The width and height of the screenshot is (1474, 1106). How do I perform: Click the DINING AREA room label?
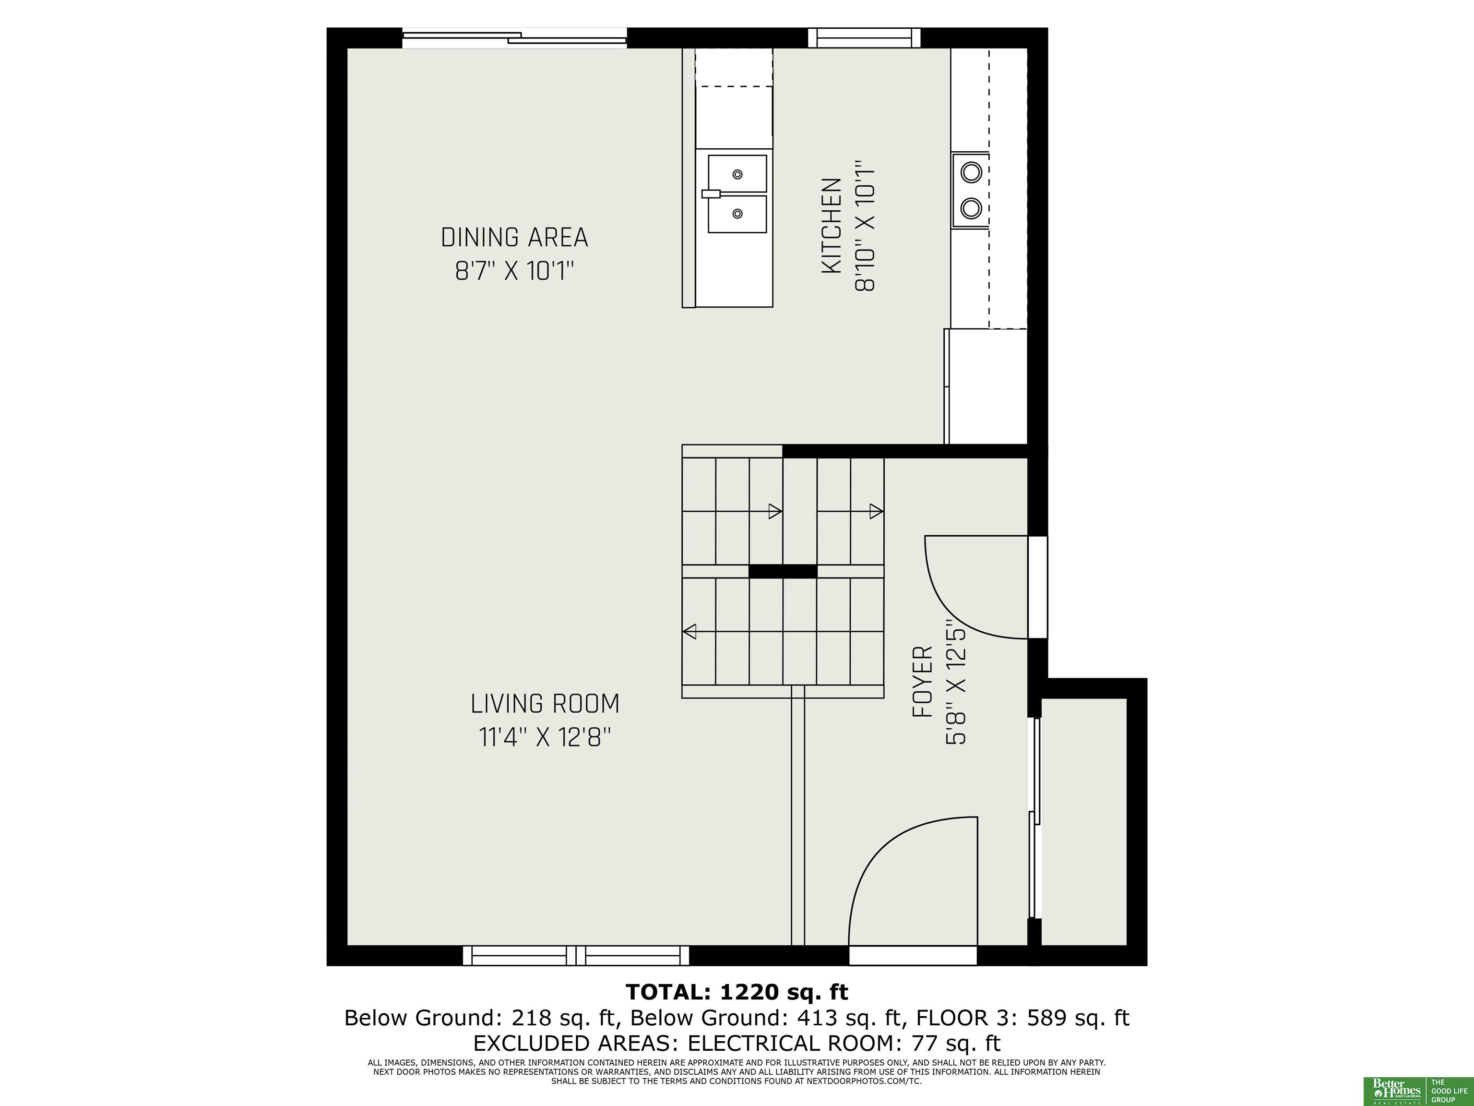click(514, 237)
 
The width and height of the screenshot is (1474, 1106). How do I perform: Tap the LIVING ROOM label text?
click(545, 704)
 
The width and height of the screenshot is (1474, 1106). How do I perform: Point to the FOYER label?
click(922, 681)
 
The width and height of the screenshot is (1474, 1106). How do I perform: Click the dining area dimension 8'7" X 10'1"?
click(514, 271)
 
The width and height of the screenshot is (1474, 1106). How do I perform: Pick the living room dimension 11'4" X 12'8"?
click(545, 738)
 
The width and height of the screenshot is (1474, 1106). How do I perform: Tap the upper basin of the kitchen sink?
click(737, 173)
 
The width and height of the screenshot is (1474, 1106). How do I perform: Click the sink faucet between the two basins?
click(711, 194)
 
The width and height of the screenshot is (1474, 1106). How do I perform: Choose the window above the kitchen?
click(864, 38)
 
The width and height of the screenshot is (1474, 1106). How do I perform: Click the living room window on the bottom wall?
click(576, 955)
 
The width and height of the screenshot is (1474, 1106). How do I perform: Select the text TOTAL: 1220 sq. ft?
click(737, 992)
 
